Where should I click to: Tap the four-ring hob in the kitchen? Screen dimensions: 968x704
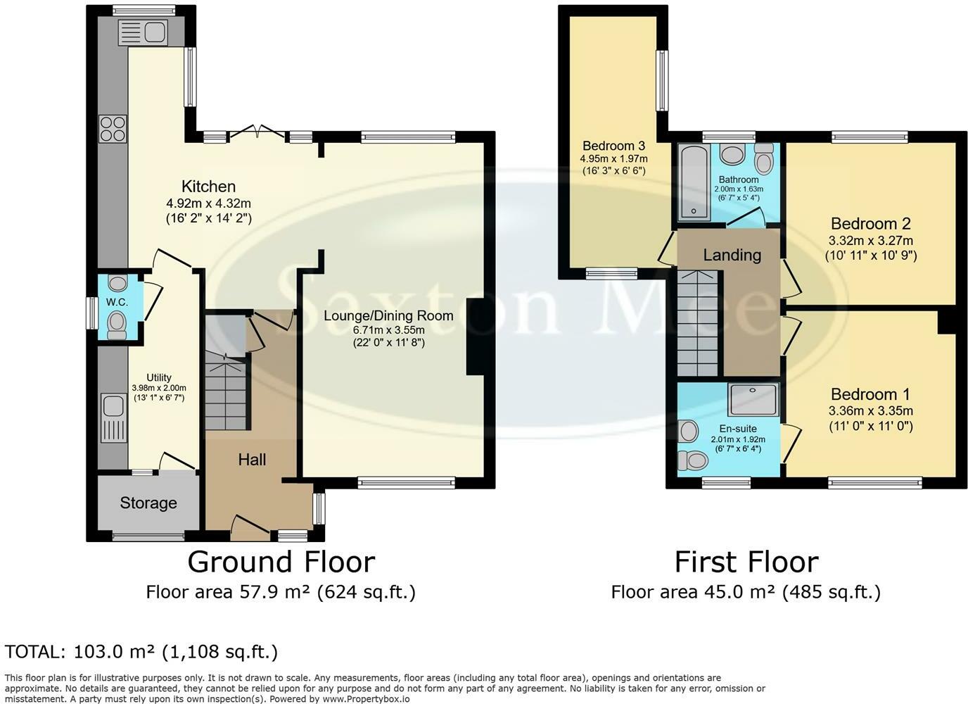click(113, 128)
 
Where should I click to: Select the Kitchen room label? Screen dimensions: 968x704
click(209, 187)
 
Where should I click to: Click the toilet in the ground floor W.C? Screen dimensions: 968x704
click(117, 327)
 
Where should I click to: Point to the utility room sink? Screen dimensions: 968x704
click(114, 417)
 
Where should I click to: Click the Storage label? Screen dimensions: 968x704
click(148, 503)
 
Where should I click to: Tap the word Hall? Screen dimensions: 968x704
click(252, 459)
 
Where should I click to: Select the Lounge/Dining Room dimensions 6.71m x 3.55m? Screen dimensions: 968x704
click(388, 330)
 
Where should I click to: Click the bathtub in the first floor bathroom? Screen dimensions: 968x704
click(694, 182)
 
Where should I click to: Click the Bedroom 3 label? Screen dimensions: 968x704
click(613, 146)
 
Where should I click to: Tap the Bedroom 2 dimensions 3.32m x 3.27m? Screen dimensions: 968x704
click(871, 241)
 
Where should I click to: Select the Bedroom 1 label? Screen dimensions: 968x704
click(870, 394)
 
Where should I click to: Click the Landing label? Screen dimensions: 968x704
click(732, 255)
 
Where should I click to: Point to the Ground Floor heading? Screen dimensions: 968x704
click(281, 562)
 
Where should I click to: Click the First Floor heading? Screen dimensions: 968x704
click(746, 562)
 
